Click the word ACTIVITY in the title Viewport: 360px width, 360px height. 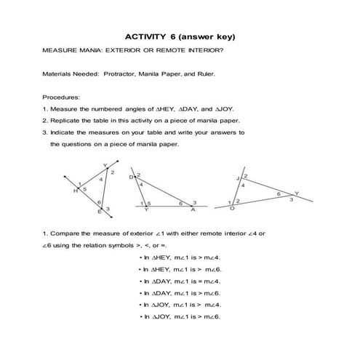[144, 36]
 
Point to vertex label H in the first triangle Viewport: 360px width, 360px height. [75, 192]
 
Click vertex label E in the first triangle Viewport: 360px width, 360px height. [100, 212]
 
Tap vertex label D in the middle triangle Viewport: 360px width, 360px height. [132, 177]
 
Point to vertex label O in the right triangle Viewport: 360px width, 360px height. [232, 208]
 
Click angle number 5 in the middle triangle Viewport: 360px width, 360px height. [149, 202]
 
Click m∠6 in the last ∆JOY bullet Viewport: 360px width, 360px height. [211, 316]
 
